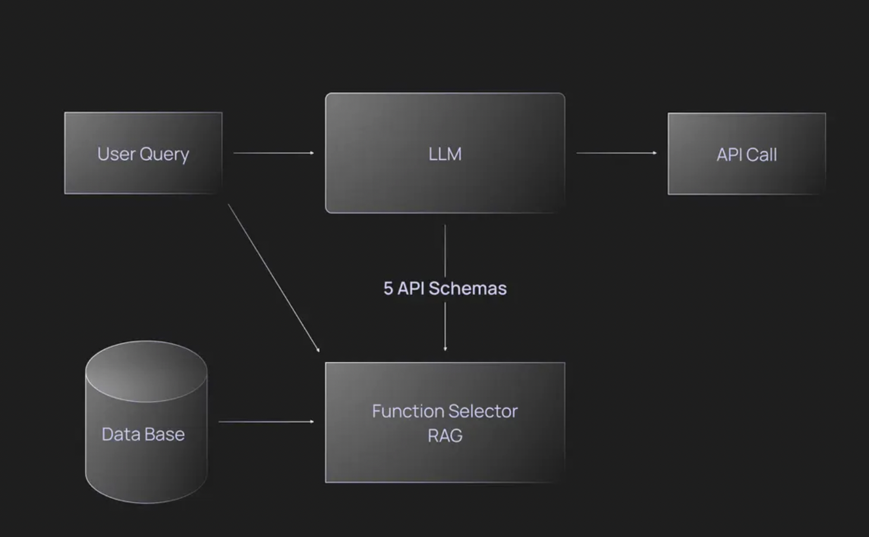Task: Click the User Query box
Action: click(143, 153)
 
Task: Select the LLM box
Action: click(445, 153)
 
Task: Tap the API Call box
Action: click(747, 154)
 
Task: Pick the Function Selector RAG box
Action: click(445, 422)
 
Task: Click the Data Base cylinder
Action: click(146, 440)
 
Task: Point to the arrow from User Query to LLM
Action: click(273, 153)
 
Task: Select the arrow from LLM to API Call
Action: click(616, 153)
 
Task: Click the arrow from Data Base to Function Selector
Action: click(266, 422)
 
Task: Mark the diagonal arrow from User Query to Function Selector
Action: click(273, 277)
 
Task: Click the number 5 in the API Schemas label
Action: click(388, 289)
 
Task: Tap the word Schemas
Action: click(468, 289)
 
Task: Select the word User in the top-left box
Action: click(117, 154)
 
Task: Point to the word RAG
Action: click(445, 435)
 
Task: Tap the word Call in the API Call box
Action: click(762, 154)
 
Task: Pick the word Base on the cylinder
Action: click(164, 434)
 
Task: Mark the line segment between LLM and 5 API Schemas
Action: click(445, 249)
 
